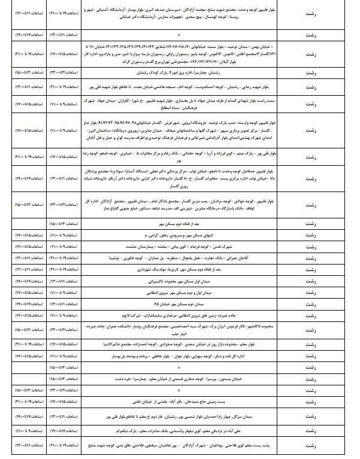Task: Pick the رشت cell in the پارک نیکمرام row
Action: [310, 430]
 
